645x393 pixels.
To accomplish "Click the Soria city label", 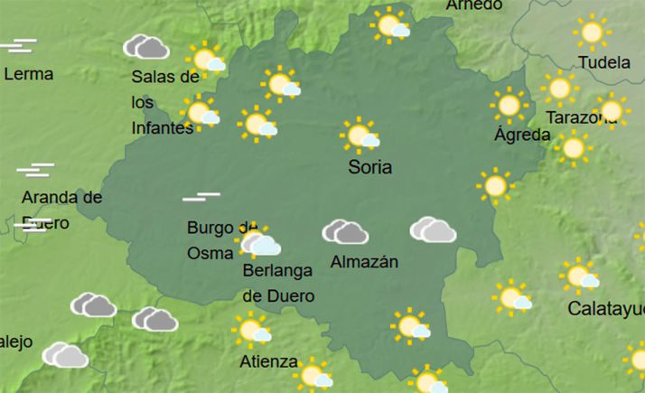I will coord(370,167).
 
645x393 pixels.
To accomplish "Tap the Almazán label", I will coord(365,263).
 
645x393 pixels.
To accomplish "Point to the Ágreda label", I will coord(522,136).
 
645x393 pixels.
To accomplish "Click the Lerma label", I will coord(28,74).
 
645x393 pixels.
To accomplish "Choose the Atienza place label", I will coord(268,362).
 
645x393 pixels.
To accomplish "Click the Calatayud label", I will coord(605,310).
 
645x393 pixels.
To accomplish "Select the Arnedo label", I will coord(474,5).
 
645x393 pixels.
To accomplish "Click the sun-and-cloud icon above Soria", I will coord(362,136).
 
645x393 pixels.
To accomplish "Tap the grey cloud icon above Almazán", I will coord(345,232).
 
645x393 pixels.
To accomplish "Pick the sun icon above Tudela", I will coord(593,33).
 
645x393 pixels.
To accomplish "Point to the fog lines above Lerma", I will coord(18,45).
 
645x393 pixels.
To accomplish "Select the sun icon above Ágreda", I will coord(509,106).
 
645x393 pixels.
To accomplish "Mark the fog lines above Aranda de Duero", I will coord(35,170).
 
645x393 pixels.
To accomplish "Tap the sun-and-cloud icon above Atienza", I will coord(252,331).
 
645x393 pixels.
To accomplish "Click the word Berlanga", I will coord(277,270).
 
